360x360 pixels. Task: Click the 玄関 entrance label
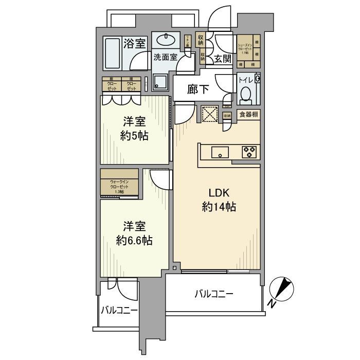(x=223, y=58)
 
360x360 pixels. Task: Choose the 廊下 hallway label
(x=199, y=89)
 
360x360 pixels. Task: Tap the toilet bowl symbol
(x=246, y=94)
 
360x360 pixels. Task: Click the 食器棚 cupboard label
(x=248, y=115)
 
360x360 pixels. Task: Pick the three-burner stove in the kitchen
(x=250, y=151)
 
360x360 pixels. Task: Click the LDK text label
(x=219, y=194)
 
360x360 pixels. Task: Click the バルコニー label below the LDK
(x=214, y=295)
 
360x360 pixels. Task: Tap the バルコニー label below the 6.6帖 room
(x=119, y=311)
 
